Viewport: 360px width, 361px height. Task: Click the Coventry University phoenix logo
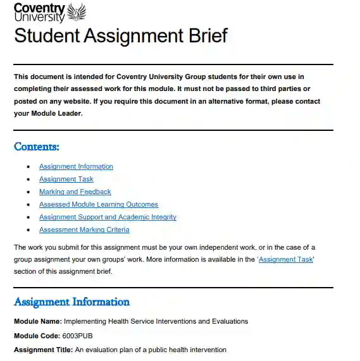(75, 11)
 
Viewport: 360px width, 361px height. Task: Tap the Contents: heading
(37, 147)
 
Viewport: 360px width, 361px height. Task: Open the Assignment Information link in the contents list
(76, 167)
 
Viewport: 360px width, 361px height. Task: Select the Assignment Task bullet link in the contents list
(66, 180)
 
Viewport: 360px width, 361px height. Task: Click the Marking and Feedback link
(75, 192)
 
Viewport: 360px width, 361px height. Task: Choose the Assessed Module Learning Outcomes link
(99, 205)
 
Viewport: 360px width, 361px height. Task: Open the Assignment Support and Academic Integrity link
(108, 217)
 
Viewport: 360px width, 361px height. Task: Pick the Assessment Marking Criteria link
(84, 230)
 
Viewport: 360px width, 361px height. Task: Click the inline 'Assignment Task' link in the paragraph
(286, 260)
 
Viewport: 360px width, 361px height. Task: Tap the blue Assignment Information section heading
(71, 302)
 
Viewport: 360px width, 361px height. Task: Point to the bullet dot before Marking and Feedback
(28, 192)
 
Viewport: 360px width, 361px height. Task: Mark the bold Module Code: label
(37, 336)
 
